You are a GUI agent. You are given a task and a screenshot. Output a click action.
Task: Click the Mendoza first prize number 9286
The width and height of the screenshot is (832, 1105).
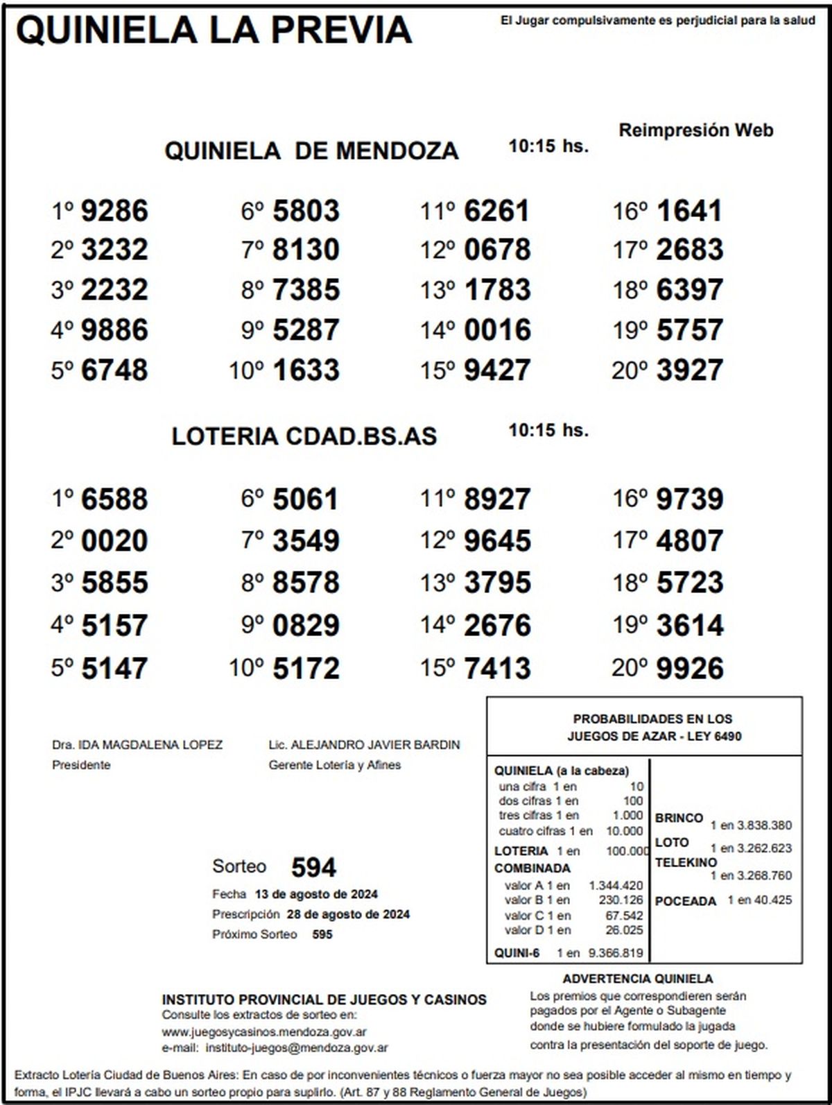tap(114, 211)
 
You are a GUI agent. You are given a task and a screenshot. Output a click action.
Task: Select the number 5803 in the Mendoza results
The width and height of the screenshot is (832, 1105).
tap(306, 211)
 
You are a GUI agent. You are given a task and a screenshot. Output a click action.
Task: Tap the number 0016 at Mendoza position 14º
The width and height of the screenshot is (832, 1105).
tap(497, 330)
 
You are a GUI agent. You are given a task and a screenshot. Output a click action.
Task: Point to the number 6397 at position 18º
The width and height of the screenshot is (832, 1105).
tap(689, 290)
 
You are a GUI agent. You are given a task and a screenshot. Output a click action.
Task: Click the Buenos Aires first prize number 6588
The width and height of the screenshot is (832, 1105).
tap(114, 499)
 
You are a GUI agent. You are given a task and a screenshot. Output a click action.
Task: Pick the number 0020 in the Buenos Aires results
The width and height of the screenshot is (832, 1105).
tap(114, 541)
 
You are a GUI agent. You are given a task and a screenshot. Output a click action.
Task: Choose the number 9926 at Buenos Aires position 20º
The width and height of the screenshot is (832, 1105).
tap(689, 669)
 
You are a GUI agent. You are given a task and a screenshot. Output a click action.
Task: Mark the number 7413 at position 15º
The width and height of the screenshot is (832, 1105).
tap(497, 669)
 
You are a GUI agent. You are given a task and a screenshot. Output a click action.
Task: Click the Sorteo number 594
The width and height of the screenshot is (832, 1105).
tap(313, 868)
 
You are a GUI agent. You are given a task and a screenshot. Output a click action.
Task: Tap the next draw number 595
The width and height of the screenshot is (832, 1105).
tap(322, 934)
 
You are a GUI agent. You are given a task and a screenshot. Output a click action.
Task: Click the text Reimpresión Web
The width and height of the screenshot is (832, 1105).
tap(695, 130)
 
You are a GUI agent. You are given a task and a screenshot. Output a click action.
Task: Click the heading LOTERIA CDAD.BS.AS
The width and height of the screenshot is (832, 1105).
tap(304, 436)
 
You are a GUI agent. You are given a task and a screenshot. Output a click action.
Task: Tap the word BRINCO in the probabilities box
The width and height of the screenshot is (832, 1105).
tap(679, 818)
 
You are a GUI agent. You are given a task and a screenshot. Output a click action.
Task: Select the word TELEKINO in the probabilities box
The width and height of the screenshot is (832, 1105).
tap(686, 863)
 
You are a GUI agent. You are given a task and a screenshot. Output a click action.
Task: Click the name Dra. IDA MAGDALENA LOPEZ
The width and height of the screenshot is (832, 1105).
tap(137, 745)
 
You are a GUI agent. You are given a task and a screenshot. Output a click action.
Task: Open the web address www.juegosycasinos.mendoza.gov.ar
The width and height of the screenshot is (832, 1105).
tap(264, 1031)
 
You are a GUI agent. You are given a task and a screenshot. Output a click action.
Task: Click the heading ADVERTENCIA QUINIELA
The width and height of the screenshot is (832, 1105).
tap(637, 979)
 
